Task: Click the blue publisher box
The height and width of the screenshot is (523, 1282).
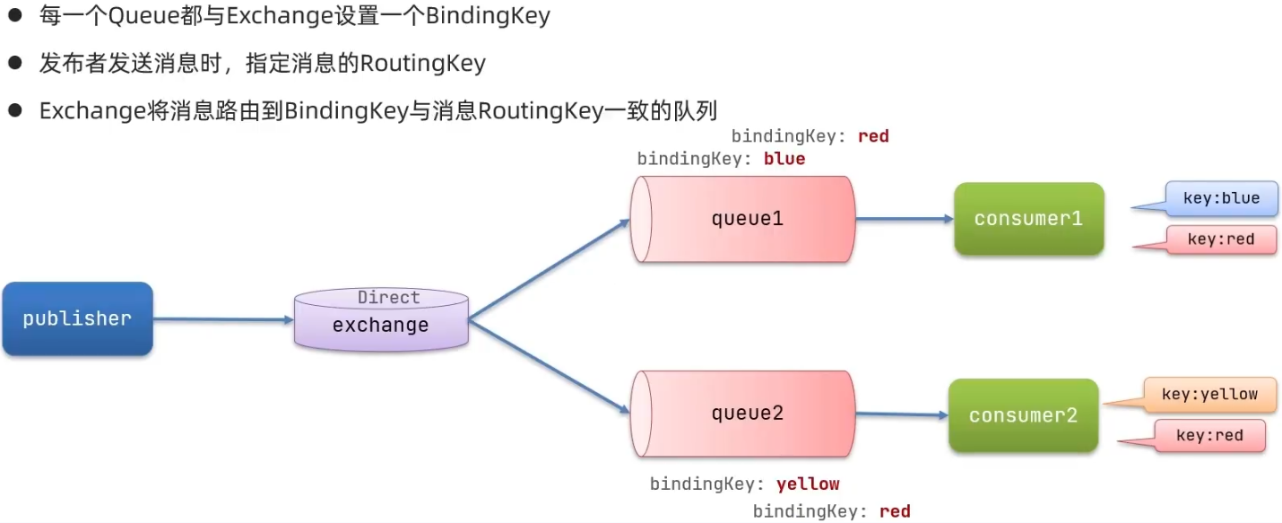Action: click(77, 319)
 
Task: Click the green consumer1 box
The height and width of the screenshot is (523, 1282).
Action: click(1028, 219)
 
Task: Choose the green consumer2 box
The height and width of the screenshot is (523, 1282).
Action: click(1023, 415)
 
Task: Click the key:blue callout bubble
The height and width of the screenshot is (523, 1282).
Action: click(1220, 199)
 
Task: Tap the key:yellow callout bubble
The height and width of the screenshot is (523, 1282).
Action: click(1209, 395)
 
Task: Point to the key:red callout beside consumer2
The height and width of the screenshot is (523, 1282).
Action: click(1208, 436)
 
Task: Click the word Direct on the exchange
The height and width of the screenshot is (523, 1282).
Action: click(388, 297)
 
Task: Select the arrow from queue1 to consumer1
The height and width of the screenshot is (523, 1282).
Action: click(904, 219)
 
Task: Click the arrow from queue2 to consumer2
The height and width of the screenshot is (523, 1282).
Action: click(901, 414)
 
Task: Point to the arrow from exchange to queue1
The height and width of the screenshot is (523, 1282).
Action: click(549, 269)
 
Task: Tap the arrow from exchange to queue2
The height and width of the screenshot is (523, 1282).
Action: click(549, 367)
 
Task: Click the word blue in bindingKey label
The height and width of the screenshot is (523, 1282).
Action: click(784, 159)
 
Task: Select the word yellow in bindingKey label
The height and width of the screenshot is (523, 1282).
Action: click(808, 484)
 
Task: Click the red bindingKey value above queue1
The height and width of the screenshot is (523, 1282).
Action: click(872, 136)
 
